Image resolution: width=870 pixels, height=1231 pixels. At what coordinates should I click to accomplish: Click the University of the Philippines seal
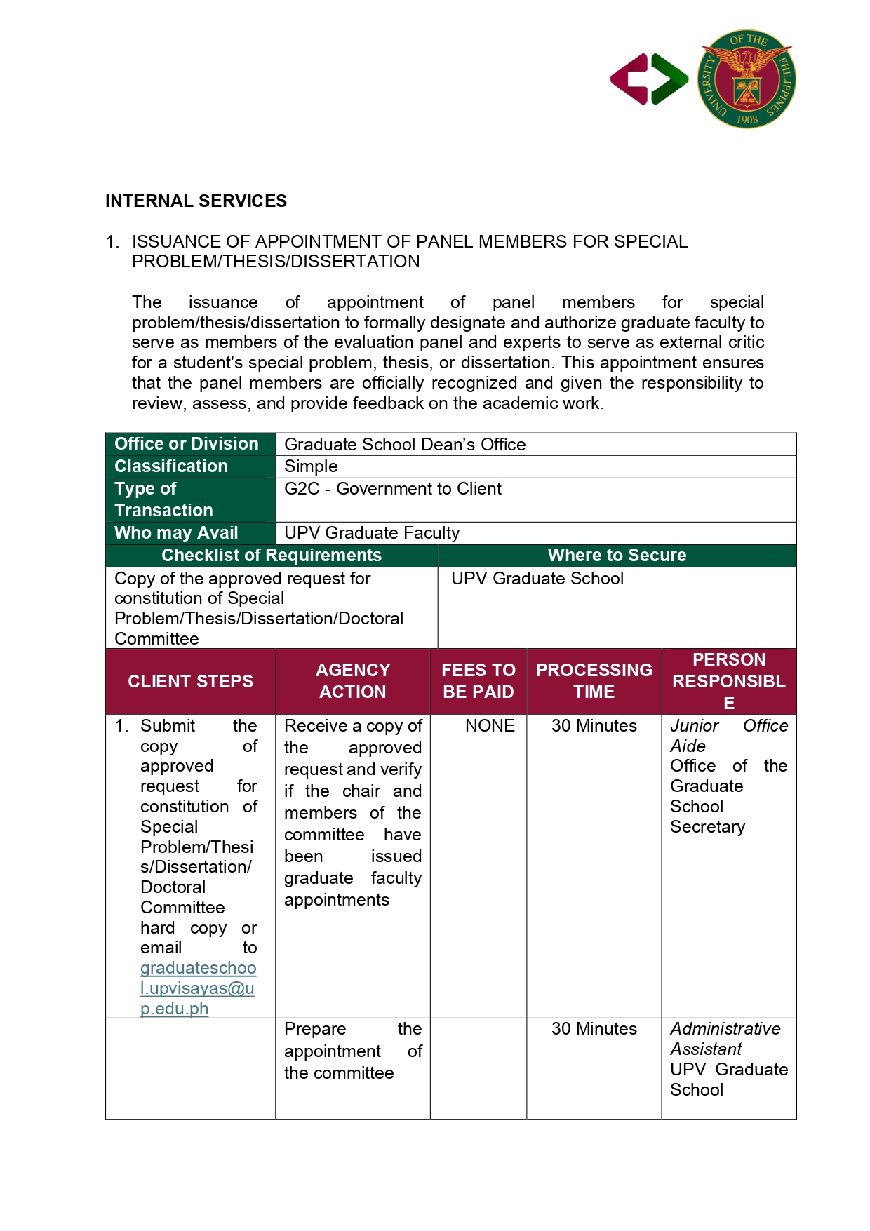point(747,79)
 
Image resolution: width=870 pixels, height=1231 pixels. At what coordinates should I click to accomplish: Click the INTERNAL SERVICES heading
point(196,201)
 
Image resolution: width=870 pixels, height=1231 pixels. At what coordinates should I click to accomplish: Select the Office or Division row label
point(187,444)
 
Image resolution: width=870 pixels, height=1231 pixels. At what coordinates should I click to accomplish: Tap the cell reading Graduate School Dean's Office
point(405,445)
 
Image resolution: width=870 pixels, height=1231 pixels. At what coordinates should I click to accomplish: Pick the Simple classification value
point(311,466)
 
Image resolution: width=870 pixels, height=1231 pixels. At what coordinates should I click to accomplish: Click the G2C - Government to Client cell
point(393,489)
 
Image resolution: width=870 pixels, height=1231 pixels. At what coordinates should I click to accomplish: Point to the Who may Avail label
point(176,533)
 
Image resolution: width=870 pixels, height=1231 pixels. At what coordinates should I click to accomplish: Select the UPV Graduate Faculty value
point(372,533)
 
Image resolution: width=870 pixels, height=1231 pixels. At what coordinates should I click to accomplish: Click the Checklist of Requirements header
point(272,556)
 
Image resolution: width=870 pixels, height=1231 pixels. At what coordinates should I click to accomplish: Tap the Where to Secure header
point(617,556)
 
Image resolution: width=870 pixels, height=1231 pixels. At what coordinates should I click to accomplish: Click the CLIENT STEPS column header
point(190,681)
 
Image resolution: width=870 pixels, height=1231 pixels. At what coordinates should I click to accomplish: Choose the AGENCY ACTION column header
point(352,681)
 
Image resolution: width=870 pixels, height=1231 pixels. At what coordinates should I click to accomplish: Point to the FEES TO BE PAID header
point(478,681)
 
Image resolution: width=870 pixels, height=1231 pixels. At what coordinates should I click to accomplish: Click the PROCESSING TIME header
point(594,681)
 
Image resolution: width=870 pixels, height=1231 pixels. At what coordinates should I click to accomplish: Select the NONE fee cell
point(490,726)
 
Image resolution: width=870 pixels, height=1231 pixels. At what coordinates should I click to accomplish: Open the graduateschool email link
point(198,988)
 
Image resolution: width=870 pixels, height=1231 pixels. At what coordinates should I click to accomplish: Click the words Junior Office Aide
point(728,735)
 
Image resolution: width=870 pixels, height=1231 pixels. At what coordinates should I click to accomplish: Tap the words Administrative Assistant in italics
point(725,1039)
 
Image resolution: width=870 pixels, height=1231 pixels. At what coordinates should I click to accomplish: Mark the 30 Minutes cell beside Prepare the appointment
point(594,1029)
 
